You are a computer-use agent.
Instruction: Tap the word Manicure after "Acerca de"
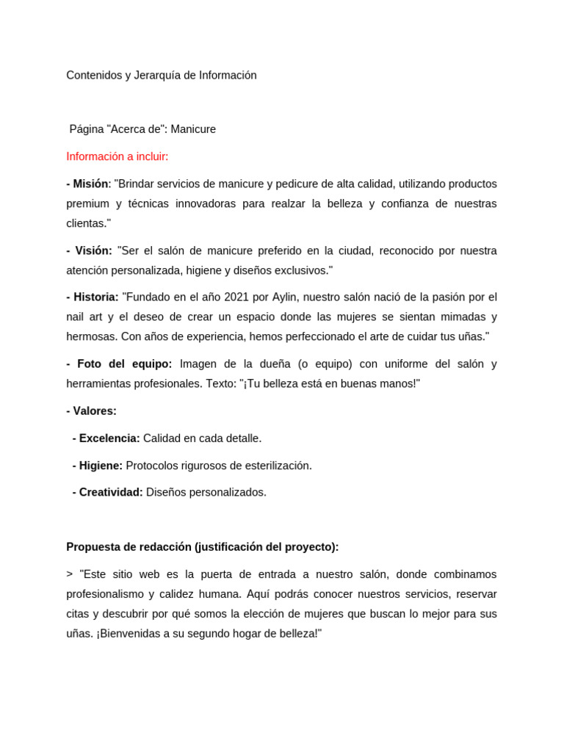point(193,129)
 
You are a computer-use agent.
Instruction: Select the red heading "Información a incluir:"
point(117,156)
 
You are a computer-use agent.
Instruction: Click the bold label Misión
point(91,184)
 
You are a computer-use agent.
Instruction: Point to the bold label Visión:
point(93,250)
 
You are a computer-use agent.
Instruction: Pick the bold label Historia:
point(96,297)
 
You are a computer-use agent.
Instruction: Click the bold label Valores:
point(94,411)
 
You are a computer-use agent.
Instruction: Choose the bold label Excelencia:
point(109,438)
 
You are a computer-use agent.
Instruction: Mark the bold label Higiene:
point(101,466)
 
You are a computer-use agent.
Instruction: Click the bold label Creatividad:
point(110,492)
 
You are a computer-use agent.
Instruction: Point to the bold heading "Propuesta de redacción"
point(129,546)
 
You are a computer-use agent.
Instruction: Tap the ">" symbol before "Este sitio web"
point(70,574)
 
